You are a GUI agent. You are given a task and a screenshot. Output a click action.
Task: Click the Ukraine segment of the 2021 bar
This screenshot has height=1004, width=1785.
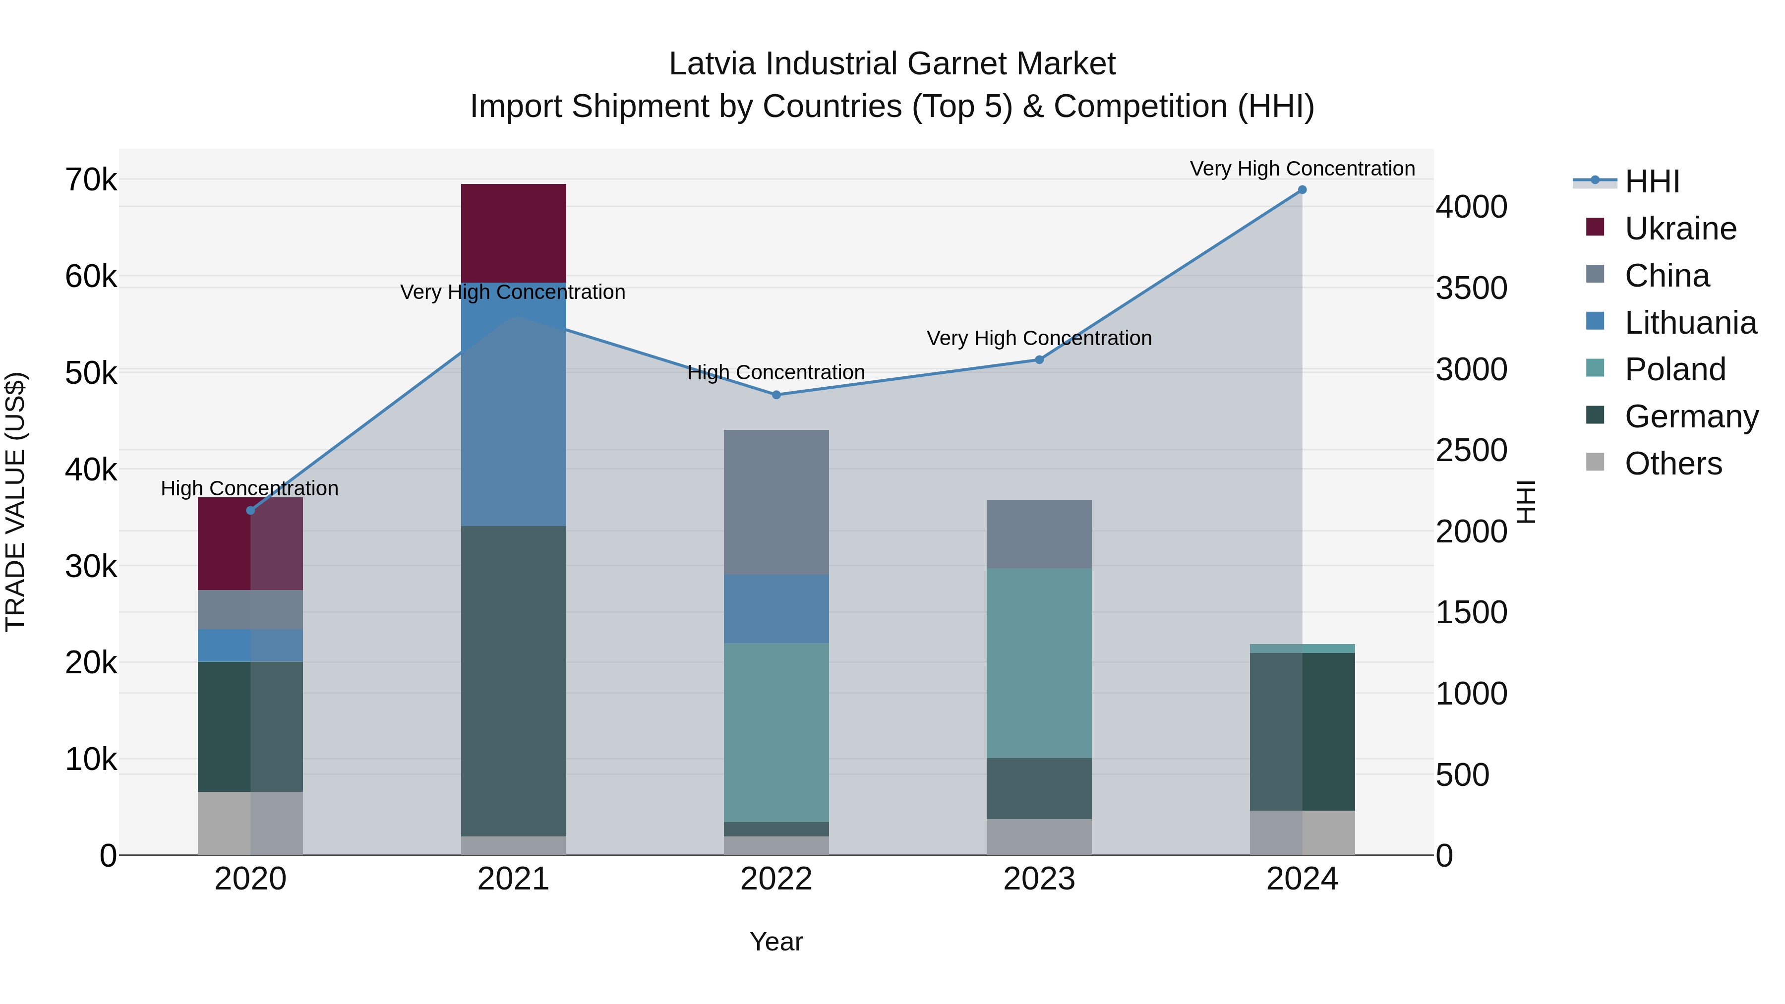(514, 233)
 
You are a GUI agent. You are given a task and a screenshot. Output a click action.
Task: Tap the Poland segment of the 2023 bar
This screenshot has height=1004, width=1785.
(1039, 662)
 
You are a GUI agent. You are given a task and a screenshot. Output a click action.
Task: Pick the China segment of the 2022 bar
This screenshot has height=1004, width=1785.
(776, 502)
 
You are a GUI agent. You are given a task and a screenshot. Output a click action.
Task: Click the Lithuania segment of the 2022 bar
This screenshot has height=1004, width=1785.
(776, 608)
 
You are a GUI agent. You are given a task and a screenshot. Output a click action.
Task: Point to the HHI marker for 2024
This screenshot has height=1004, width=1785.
(1302, 190)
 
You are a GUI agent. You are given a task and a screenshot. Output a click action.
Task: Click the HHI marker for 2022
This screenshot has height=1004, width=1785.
(776, 395)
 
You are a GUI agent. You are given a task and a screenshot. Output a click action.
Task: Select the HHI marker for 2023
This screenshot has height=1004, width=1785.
(1039, 359)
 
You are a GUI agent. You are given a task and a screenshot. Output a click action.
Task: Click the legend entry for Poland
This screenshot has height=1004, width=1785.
(1674, 369)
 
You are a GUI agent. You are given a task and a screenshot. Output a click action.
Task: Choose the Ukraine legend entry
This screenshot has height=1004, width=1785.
(1680, 229)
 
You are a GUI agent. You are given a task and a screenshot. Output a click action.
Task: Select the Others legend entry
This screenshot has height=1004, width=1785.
(1673, 464)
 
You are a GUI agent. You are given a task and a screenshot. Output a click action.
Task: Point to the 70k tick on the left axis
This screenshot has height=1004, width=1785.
(91, 180)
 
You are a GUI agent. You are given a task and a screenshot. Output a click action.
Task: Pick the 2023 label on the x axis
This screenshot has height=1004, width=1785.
(1039, 879)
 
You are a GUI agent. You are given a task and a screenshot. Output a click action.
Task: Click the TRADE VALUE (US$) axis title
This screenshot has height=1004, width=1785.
(15, 502)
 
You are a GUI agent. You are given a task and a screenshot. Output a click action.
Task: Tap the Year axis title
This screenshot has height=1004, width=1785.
(776, 942)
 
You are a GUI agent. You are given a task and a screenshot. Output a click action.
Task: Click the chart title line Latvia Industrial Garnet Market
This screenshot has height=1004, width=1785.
(892, 64)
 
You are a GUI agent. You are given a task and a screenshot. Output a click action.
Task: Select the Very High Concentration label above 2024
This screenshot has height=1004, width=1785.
(1302, 169)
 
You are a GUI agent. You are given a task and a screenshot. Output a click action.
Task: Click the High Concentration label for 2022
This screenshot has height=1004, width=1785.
(776, 372)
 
